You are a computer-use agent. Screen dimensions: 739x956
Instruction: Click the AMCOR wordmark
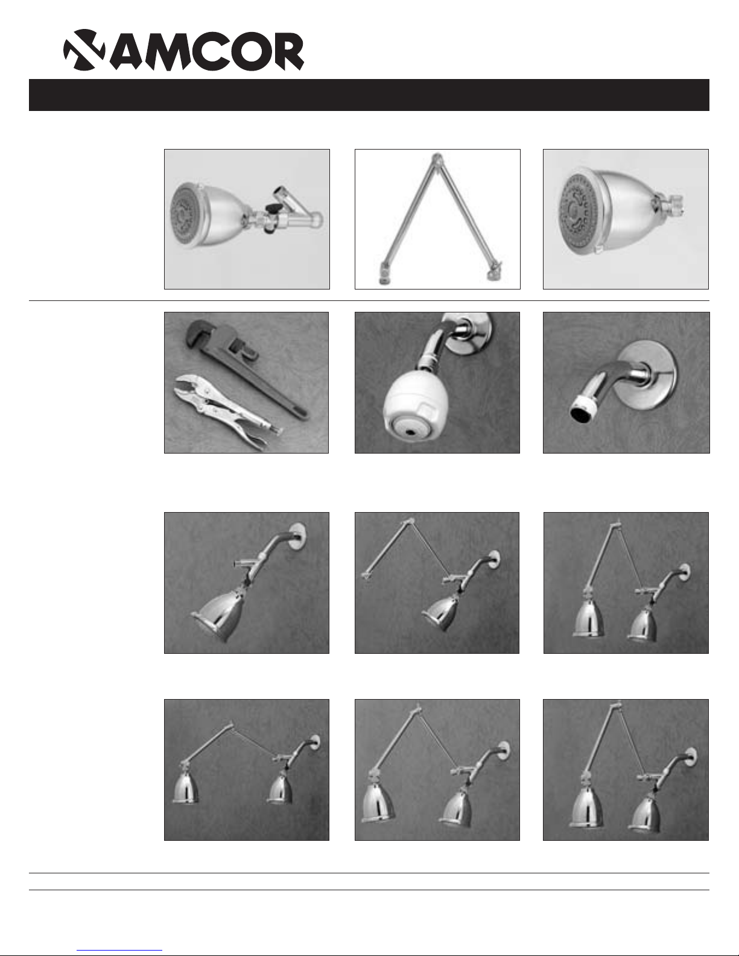pos(207,51)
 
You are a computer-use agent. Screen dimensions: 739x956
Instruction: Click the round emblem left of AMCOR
pos(84,49)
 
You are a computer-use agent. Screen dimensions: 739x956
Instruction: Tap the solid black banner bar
pos(369,95)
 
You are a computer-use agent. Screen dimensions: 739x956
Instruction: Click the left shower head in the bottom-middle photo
pos(378,802)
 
